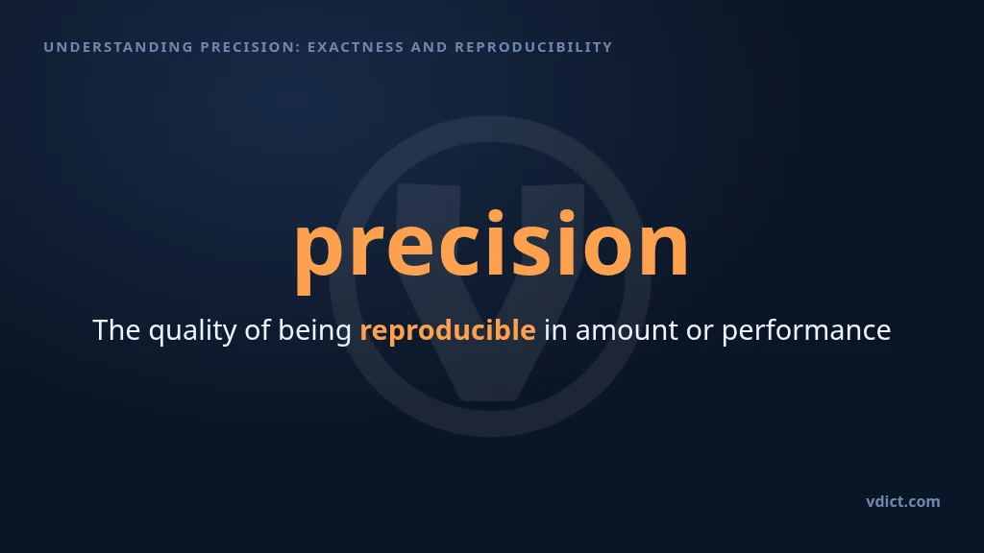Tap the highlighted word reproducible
click(x=448, y=331)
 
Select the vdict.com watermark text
click(x=902, y=501)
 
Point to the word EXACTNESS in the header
click(x=356, y=47)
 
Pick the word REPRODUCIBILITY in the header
click(x=533, y=47)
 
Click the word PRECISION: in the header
click(x=251, y=47)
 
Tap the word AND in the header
click(x=430, y=47)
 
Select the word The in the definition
click(x=116, y=330)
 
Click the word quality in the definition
click(x=192, y=331)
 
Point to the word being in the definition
click(x=314, y=331)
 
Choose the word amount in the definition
click(x=627, y=331)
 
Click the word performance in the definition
click(x=806, y=331)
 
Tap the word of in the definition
click(x=258, y=330)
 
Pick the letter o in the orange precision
click(x=606, y=251)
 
